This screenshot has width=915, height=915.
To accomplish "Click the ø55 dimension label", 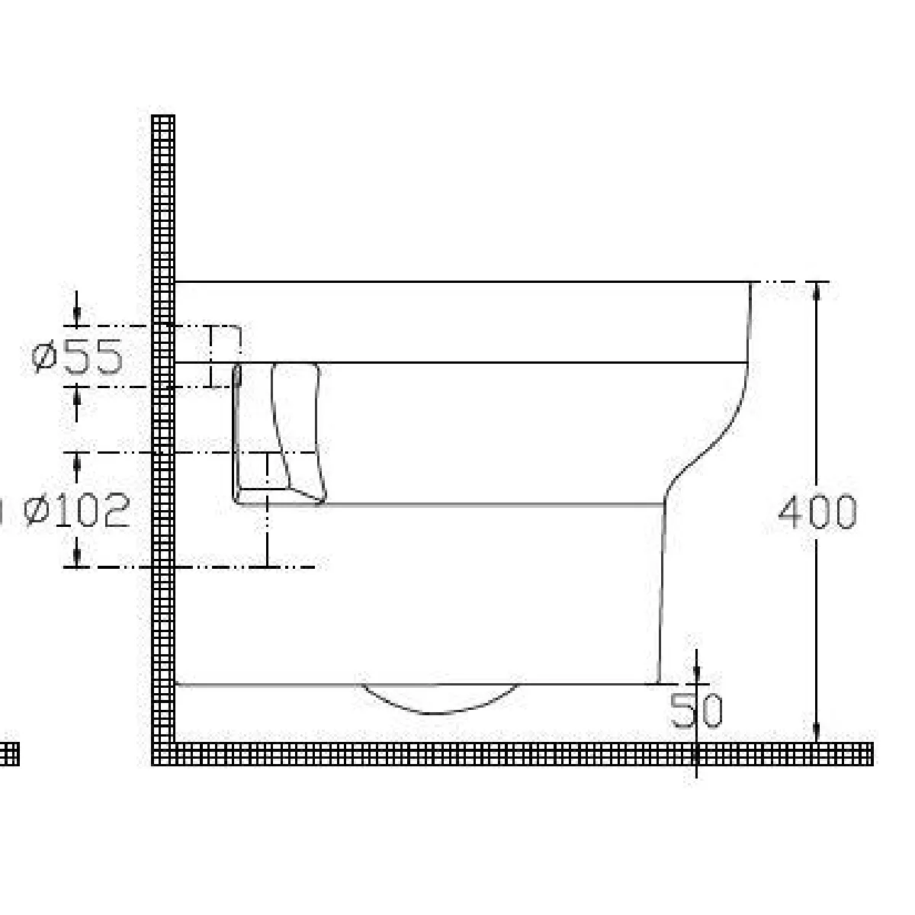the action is point(78,357).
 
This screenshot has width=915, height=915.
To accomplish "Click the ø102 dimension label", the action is point(77,510).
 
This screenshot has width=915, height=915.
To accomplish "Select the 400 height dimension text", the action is point(817,512).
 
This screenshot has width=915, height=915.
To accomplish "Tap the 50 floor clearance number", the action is point(696,711).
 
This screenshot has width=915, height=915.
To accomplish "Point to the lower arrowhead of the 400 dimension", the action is point(817,732).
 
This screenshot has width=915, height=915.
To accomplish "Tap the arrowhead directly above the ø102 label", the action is point(77,462).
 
